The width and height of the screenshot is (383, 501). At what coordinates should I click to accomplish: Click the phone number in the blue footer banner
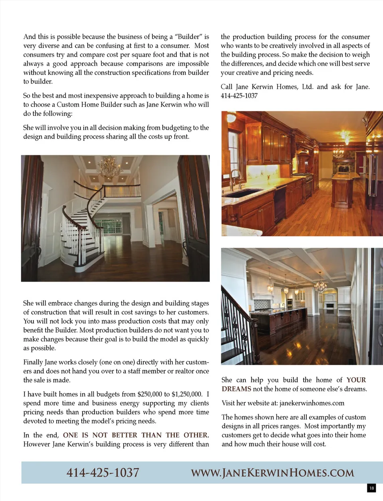(x=103, y=473)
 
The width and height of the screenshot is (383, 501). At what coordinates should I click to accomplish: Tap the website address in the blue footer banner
(x=272, y=473)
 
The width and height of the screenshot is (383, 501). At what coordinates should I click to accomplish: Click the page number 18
(x=371, y=488)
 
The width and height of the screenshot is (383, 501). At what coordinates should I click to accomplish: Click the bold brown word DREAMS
(x=236, y=389)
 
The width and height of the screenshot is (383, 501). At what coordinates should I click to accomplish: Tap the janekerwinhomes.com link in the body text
(x=312, y=403)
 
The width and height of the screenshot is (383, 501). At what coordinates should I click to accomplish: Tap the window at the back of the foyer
(x=109, y=228)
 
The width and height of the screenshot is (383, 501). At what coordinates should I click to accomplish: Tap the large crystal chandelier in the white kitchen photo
(x=320, y=285)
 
